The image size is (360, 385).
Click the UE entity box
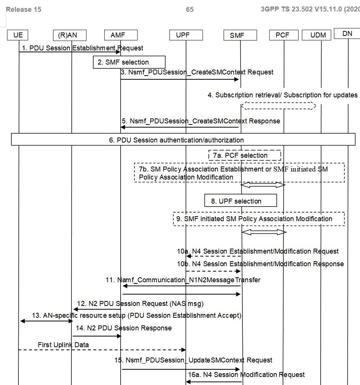tap(18, 35)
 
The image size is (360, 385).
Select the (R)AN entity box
tap(70, 35)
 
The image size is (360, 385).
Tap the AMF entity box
tap(120, 35)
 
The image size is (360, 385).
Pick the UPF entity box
tap(186, 35)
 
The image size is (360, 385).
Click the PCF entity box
tap(283, 35)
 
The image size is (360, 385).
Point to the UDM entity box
tap(318, 35)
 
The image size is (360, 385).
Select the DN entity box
tap(347, 34)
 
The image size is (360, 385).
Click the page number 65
tap(190, 10)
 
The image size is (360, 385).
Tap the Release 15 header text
tap(24, 10)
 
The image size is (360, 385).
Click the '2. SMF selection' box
tap(129, 62)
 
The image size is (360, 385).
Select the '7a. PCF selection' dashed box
tap(245, 155)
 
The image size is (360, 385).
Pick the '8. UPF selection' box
tap(241, 201)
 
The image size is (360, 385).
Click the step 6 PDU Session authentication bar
tap(183, 140)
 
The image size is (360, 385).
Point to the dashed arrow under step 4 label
tap(278, 105)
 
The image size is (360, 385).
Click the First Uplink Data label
tap(63, 345)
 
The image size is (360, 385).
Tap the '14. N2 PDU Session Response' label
tap(124, 328)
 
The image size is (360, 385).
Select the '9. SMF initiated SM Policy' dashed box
tap(259, 219)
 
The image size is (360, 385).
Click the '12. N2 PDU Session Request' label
tap(141, 304)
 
